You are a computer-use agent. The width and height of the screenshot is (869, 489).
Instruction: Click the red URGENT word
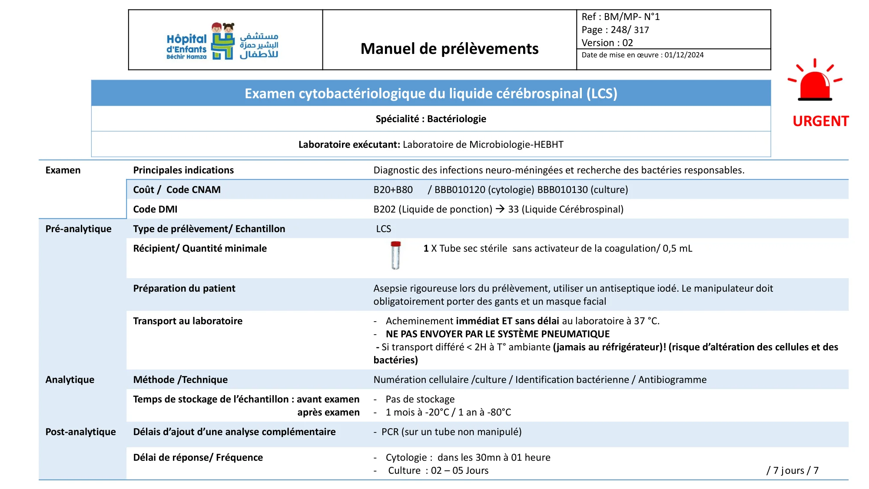coord(820,121)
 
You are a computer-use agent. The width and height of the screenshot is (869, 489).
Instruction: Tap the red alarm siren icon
coord(815,81)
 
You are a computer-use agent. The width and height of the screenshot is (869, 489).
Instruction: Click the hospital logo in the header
coord(222,42)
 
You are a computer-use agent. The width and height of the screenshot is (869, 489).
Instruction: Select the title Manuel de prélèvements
coord(449,49)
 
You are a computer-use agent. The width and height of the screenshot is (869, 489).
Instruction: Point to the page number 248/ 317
coord(630,30)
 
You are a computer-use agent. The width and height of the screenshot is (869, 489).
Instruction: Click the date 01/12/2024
coord(684,55)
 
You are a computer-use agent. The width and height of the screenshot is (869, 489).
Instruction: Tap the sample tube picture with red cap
coord(395,255)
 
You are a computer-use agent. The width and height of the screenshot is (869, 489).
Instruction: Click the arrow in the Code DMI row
coord(500,209)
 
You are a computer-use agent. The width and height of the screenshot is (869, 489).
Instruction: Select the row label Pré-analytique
coord(78,229)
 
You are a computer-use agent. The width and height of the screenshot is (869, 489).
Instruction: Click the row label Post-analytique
coord(80,432)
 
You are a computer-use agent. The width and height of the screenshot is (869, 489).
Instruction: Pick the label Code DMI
coord(155,210)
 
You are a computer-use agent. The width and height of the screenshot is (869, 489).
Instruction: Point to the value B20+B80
coord(393,190)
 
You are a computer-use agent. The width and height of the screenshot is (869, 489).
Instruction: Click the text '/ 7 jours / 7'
coord(792,471)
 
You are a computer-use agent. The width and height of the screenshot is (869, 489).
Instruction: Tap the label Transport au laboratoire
coord(188,321)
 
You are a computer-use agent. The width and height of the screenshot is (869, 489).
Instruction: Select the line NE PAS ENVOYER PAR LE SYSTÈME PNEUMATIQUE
coord(498,334)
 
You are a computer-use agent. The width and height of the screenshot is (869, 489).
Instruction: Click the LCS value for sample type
coord(383,229)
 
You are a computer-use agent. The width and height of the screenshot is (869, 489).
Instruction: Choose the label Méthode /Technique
coord(180,380)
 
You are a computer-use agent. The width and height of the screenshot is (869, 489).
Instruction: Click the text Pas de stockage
coord(420,399)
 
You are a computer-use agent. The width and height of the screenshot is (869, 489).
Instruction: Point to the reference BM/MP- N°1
coord(631,17)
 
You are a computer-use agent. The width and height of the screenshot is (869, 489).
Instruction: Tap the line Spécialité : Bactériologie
coord(431,119)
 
